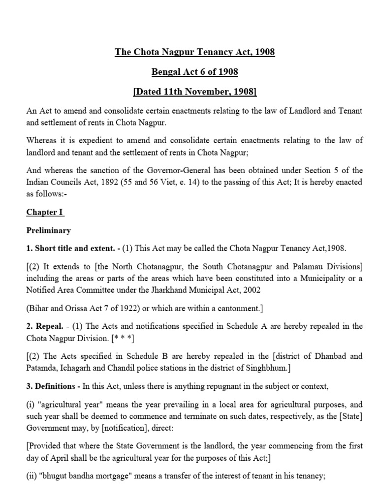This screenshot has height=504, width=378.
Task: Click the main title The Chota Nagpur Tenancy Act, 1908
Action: (x=194, y=52)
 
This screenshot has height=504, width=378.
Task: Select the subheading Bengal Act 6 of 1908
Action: (x=194, y=72)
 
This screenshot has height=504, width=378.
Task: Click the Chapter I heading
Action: (x=45, y=213)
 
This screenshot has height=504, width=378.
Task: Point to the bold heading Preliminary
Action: (x=48, y=230)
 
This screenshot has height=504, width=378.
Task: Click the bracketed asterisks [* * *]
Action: (x=123, y=337)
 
